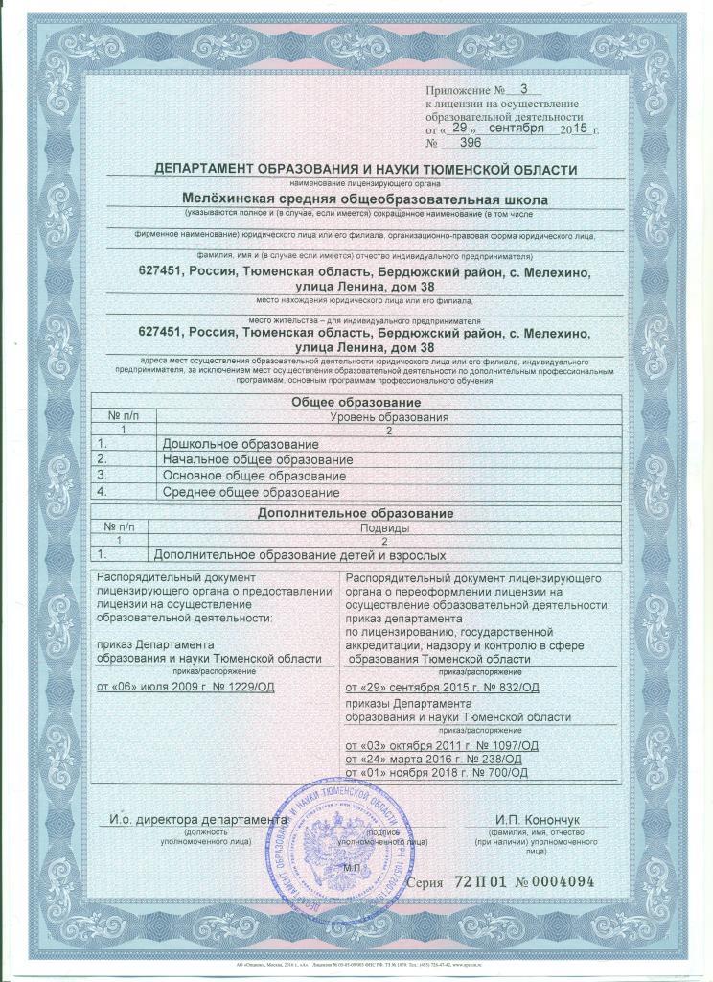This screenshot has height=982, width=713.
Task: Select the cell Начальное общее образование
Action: (x=257, y=461)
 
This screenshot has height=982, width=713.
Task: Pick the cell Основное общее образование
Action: (x=254, y=477)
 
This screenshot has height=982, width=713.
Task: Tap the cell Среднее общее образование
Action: (x=251, y=492)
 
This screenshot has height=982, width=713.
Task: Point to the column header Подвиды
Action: (x=384, y=528)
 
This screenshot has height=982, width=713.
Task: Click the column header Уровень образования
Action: (x=384, y=418)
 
